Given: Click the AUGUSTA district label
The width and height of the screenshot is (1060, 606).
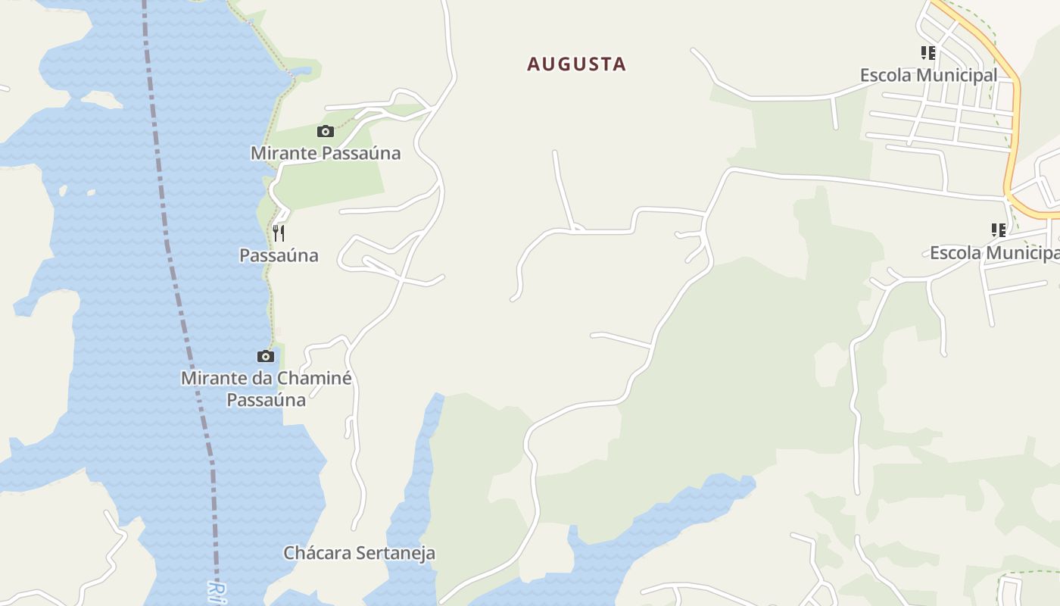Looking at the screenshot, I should (x=577, y=64).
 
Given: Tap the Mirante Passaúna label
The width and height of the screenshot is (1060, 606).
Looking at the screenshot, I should (x=326, y=153).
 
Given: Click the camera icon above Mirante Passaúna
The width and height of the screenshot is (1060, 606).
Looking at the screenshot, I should (x=326, y=131).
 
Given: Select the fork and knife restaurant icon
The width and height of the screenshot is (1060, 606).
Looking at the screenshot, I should (x=279, y=232).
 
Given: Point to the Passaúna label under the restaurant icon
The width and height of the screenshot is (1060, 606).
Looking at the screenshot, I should (x=279, y=255).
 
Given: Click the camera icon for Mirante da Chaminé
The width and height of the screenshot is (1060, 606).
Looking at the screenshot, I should (x=265, y=356).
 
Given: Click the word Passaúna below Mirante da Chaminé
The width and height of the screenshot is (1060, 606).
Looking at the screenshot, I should (x=267, y=400).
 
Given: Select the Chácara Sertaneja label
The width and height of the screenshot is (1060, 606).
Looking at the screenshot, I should (x=359, y=553).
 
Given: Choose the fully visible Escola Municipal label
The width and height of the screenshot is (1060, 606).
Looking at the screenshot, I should (x=928, y=75).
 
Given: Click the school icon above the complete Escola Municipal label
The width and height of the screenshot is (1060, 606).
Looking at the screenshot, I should (x=928, y=53).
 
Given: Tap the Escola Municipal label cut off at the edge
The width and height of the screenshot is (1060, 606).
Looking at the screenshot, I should (x=994, y=252).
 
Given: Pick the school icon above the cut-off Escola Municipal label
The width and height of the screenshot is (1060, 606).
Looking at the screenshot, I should (x=999, y=230).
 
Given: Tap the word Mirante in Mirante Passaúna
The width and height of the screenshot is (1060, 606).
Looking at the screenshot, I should (x=284, y=153).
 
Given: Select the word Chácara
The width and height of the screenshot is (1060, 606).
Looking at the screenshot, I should (x=318, y=553).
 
